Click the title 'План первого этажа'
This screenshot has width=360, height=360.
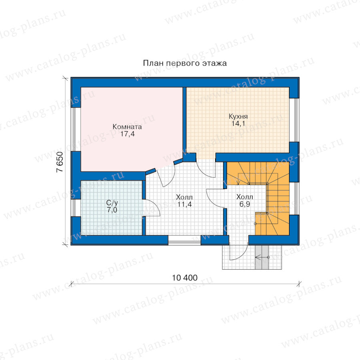click(x=185, y=63)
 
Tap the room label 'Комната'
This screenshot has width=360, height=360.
click(x=127, y=126)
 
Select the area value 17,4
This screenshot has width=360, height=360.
click(x=128, y=134)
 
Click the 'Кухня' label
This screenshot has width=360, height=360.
click(x=238, y=116)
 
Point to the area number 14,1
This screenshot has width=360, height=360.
click(x=238, y=124)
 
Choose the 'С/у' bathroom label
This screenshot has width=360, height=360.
click(x=112, y=202)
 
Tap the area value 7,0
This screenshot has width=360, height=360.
click(x=112, y=210)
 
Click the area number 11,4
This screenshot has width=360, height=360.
click(x=184, y=204)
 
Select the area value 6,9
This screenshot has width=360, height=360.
click(x=245, y=204)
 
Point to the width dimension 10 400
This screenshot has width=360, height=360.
click(x=185, y=278)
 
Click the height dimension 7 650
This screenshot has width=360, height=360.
click(x=60, y=162)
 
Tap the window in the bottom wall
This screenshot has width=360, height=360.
click(x=184, y=240)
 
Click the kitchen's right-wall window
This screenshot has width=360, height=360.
click(x=294, y=120)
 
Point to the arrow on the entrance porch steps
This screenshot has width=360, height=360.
click(x=262, y=257)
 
